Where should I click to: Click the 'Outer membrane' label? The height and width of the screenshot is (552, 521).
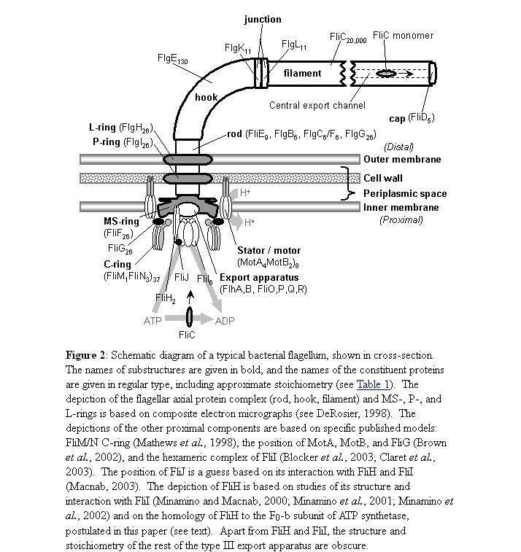(401, 160)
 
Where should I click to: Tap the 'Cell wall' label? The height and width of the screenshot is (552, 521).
(382, 178)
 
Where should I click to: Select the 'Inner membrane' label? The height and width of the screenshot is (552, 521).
(401, 207)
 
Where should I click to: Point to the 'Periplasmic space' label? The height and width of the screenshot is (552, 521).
(405, 193)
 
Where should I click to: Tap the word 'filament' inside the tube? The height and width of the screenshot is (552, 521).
(302, 73)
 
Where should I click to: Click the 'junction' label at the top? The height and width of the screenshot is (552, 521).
(262, 19)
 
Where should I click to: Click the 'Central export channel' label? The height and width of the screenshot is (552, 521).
(317, 105)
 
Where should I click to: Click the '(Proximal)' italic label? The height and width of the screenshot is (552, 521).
(401, 219)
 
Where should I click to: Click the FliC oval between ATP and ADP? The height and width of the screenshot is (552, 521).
(190, 318)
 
